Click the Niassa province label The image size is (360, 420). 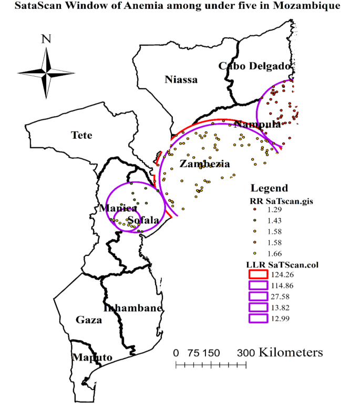click(181, 80)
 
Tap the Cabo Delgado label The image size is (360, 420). click(254, 66)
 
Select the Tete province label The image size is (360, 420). click(81, 136)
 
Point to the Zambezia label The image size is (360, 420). click(204, 164)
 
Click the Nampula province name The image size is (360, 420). click(258, 125)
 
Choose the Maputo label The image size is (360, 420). click(92, 357)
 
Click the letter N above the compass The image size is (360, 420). click(46, 38)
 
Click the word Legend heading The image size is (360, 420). click(269, 188)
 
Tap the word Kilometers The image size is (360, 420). click(291, 352)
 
